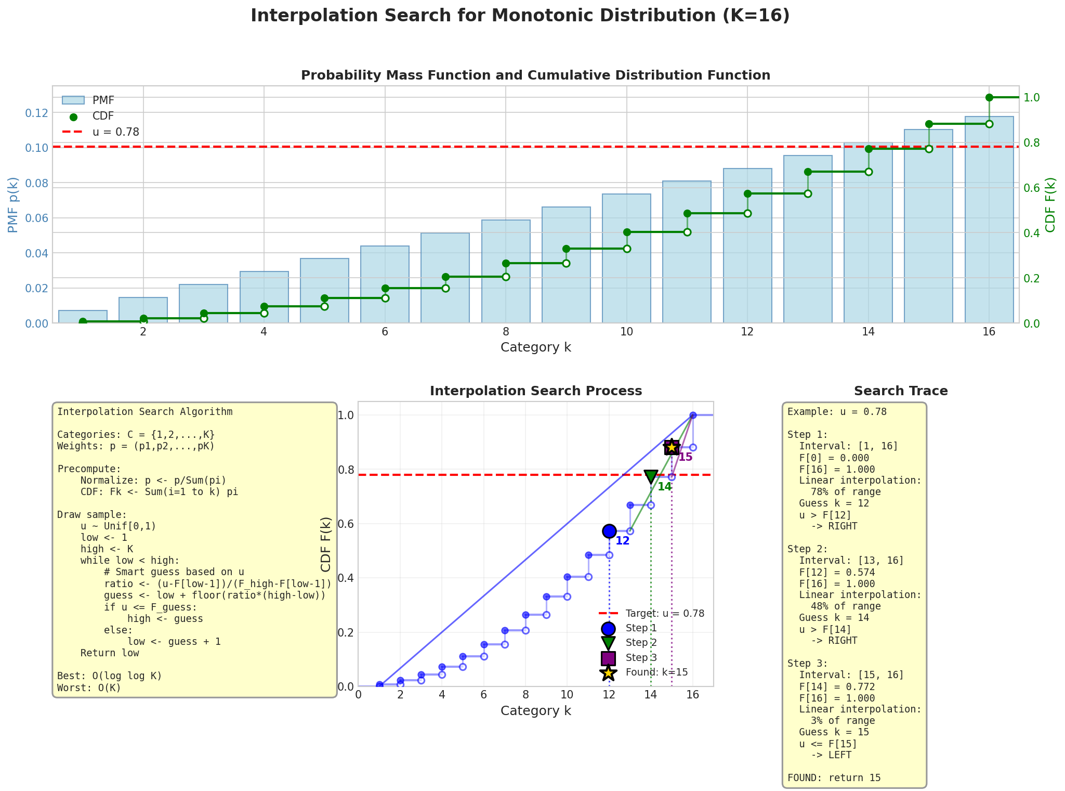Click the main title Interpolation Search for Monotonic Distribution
520,16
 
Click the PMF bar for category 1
83,317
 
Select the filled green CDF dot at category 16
989,97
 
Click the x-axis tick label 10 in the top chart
626,333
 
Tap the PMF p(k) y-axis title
13,204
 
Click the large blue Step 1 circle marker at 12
609,531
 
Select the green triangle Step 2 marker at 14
651,477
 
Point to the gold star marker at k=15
672,447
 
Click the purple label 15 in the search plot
686,458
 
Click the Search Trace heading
900,391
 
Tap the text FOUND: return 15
834,778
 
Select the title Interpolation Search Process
535,391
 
